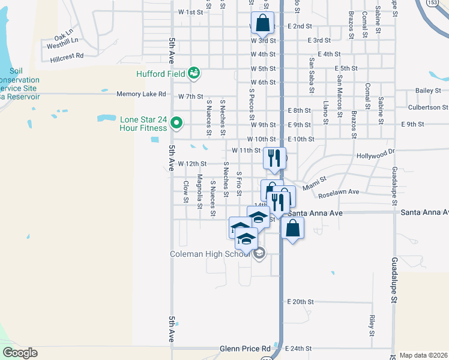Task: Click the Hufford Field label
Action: (x=161, y=74)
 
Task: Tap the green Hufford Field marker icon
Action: (x=193, y=73)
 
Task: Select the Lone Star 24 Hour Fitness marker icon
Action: (x=176, y=124)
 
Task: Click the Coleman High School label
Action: (x=211, y=254)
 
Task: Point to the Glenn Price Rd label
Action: (x=246, y=348)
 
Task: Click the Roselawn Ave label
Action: (x=339, y=193)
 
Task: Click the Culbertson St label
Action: (x=427, y=107)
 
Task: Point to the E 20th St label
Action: (x=301, y=301)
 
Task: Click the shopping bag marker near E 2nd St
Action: (x=262, y=24)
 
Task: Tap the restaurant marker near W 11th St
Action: (x=274, y=158)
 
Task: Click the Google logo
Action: (x=20, y=353)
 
